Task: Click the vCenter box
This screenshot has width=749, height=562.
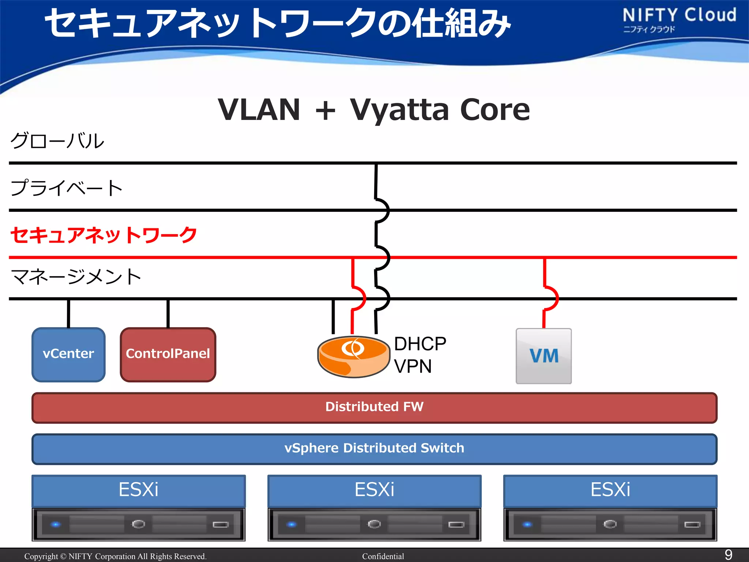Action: pos(68,354)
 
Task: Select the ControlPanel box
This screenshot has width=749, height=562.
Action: pos(168,354)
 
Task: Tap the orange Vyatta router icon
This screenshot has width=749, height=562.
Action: pos(353,356)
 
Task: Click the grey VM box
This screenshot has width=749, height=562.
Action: pos(543,356)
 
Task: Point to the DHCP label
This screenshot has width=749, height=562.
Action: pos(420,344)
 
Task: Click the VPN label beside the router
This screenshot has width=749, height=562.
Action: pos(413,366)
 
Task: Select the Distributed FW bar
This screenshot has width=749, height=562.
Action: pos(374,407)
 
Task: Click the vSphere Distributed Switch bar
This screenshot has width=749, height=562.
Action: pos(374,449)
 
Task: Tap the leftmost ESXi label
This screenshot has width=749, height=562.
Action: pos(138,490)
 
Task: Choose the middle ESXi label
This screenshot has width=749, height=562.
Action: pos(374,490)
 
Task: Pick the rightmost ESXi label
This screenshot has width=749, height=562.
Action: pos(610,490)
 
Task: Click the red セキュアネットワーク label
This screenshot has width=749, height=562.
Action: pos(103,235)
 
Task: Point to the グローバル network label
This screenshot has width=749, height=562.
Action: pos(57,141)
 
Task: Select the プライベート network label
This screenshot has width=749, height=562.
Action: pos(66,188)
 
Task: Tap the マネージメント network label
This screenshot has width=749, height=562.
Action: pos(76,277)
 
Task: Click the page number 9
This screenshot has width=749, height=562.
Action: pos(728,555)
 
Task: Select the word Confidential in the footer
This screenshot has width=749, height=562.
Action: pos(383,557)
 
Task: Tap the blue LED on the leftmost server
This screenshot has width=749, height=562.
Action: pos(56,525)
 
